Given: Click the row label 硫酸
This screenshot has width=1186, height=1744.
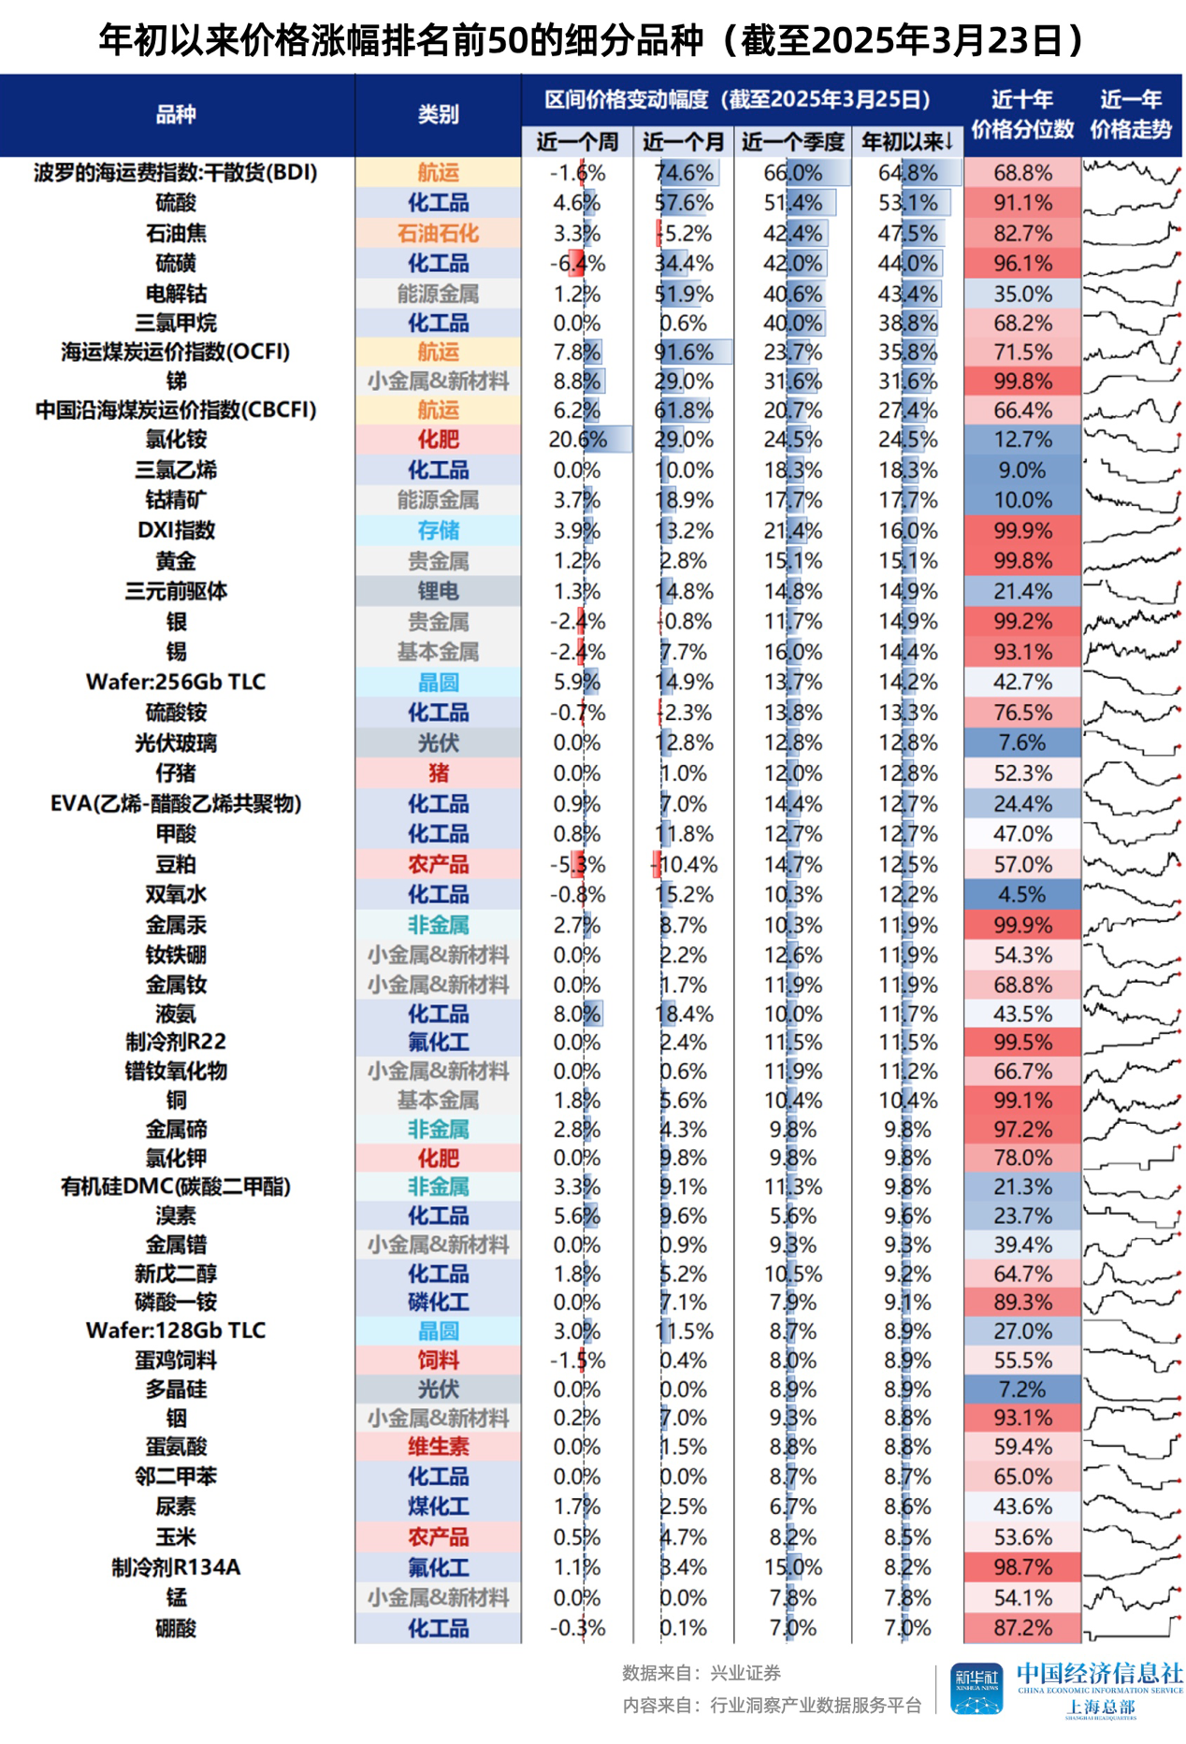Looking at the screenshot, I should coord(176,203).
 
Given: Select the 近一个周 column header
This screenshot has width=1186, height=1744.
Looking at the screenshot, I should coord(577,142).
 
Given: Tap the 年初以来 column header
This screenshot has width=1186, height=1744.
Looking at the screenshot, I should coord(906,142).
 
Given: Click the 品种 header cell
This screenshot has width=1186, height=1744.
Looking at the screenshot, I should coord(176,115).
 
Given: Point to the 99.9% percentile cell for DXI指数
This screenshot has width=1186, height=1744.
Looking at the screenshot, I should coord(1022,530).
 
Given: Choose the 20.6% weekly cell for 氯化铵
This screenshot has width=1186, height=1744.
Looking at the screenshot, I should coord(577,440).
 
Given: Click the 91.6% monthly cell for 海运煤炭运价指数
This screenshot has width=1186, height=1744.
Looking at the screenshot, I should coord(684,353).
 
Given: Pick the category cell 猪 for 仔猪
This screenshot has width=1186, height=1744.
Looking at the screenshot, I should coord(438,773).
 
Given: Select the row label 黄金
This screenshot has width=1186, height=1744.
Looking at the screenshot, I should coord(176,561).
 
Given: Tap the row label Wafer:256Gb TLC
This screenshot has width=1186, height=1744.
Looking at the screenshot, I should coord(176,682).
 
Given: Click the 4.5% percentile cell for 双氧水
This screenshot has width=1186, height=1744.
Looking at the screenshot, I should coord(1022,895).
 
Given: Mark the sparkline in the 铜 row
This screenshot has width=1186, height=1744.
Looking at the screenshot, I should coord(1131,1100).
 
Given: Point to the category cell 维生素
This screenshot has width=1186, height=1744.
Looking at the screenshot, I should coord(438,1447).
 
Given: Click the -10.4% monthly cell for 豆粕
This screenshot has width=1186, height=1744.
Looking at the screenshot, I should coord(684,865).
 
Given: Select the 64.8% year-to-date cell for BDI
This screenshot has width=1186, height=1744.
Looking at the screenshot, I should coord(907,173).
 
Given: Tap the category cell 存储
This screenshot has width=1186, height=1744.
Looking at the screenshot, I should coord(438,530).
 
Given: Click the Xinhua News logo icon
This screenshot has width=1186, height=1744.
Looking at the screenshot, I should coord(976,1689).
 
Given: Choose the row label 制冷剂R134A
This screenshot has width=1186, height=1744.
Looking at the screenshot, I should coord(176,1567).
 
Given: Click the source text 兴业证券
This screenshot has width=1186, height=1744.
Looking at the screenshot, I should coord(745,1673).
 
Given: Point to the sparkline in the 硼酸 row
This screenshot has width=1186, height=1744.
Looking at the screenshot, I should coord(1131,1628).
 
